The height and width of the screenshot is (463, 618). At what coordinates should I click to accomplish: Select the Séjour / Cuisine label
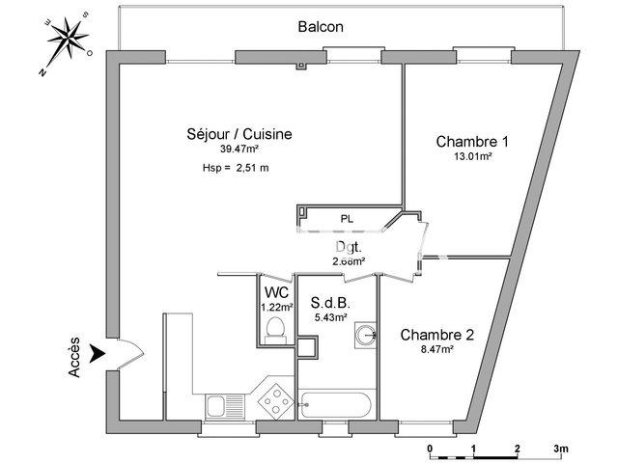(x=239, y=135)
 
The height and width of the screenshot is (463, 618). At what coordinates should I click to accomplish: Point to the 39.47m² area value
(x=239, y=150)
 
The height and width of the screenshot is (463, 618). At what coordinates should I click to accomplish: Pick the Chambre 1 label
(x=473, y=142)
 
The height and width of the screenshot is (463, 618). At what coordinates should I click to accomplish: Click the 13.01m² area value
(x=473, y=156)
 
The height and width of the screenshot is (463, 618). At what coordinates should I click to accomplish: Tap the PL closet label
(x=346, y=219)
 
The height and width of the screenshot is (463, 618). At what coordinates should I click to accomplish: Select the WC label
(x=276, y=292)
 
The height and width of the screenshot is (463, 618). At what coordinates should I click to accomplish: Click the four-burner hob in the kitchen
(x=276, y=400)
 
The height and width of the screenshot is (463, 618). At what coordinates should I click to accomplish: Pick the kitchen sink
(x=225, y=406)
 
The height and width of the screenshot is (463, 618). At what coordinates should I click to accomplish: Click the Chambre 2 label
(x=437, y=336)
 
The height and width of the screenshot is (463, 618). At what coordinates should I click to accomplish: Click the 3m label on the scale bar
(x=562, y=449)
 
